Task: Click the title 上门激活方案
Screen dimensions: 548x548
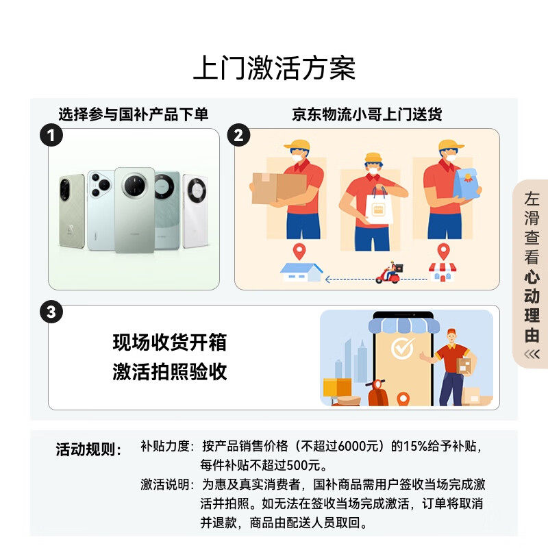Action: [x=274, y=69]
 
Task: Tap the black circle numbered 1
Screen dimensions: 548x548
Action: [x=51, y=135]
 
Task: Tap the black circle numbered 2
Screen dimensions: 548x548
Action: [x=238, y=135]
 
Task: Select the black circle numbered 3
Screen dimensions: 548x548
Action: [x=51, y=313]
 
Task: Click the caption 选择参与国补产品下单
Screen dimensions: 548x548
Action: [x=133, y=114]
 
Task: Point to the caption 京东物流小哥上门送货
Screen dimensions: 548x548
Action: [x=366, y=114]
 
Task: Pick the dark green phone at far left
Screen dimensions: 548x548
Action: [x=71, y=212]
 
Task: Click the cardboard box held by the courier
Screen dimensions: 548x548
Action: [x=278, y=187]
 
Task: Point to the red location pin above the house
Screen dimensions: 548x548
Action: [x=298, y=251]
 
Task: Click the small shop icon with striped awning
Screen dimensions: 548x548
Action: [x=442, y=271]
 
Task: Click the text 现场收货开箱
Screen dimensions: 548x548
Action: [x=169, y=342]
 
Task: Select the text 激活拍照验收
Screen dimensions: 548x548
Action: [x=169, y=372]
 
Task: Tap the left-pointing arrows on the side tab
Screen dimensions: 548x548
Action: [x=532, y=353]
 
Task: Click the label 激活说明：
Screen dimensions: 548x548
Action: [x=168, y=485]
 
